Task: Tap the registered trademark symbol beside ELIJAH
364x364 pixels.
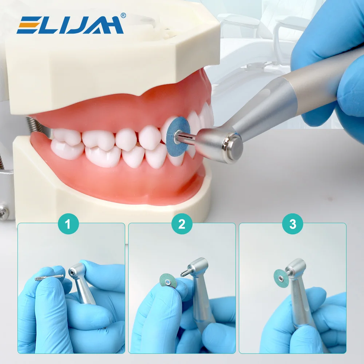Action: pos(123,15)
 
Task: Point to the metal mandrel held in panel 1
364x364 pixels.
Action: pos(49,278)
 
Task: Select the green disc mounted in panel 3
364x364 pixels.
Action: pos(280,278)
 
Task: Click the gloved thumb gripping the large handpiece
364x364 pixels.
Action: pos(349,95)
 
